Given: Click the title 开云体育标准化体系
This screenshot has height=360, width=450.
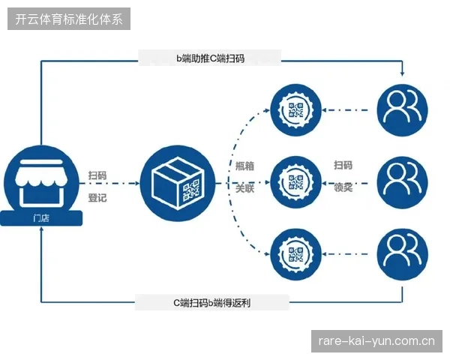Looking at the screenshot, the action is click(x=69, y=19).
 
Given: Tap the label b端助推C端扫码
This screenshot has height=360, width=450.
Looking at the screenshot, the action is click(x=210, y=58).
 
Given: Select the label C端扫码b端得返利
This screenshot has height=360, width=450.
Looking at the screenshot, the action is click(x=211, y=302).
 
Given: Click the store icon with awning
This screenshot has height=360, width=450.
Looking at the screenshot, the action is click(x=41, y=183).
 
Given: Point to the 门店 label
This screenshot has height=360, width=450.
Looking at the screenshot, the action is click(x=41, y=218).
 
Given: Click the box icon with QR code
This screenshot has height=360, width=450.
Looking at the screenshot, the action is click(x=178, y=183).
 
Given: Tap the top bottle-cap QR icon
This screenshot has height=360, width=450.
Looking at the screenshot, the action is click(x=296, y=110).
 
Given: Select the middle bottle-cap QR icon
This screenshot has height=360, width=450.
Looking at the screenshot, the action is click(x=296, y=182).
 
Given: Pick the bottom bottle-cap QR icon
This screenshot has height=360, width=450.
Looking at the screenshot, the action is click(x=296, y=254).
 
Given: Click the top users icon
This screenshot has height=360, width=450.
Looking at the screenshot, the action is click(x=402, y=110).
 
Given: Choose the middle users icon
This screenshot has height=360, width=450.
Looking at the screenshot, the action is click(x=402, y=182).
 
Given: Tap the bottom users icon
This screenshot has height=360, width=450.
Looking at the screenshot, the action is click(x=402, y=254).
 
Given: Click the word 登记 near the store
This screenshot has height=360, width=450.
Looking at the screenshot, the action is click(x=97, y=198).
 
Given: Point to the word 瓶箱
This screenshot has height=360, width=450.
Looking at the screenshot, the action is click(x=244, y=166).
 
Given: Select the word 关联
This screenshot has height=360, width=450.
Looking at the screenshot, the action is click(x=244, y=188).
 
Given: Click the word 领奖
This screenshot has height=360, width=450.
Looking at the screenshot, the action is click(x=343, y=187).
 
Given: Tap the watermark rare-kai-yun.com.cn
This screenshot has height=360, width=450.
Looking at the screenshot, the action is click(x=376, y=341).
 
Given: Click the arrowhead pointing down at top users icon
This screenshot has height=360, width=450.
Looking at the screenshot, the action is click(x=402, y=73).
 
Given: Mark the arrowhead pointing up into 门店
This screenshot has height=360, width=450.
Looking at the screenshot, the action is click(x=41, y=229).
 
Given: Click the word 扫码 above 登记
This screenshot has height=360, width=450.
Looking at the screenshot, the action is click(x=97, y=175).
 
